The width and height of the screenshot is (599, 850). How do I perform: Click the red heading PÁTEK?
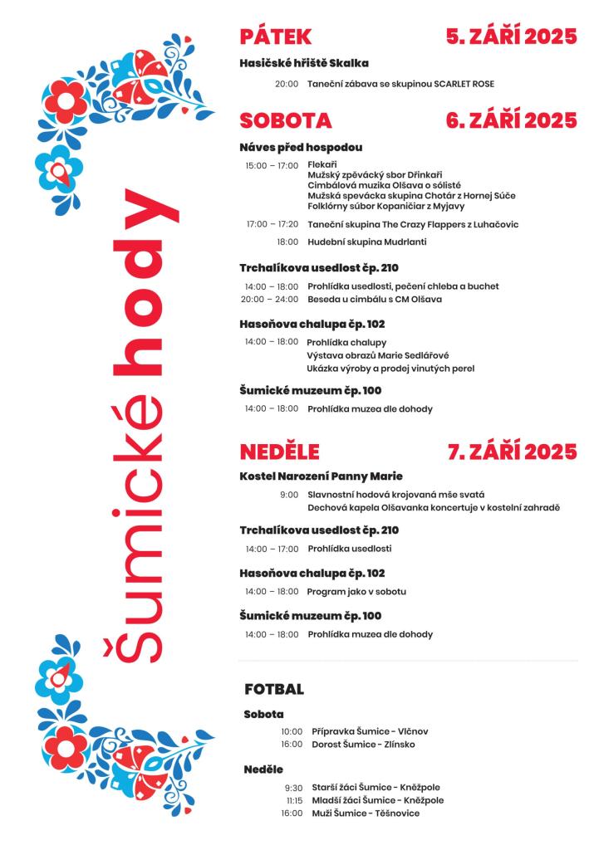(x=275, y=37)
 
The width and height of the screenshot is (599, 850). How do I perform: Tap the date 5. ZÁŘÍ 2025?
(x=511, y=37)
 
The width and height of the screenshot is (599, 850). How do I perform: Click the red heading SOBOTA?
(x=285, y=121)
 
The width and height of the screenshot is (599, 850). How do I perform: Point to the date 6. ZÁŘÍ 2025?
(x=511, y=121)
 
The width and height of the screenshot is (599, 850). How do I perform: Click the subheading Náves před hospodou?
(x=301, y=148)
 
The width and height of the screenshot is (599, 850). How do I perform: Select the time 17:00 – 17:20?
(x=272, y=225)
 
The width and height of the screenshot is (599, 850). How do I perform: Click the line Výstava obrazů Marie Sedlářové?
(x=371, y=355)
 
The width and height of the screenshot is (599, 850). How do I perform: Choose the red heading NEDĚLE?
(x=279, y=452)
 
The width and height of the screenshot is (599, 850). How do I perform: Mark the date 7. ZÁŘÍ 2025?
(x=512, y=452)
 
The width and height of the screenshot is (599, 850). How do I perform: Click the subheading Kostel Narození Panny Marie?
(x=321, y=476)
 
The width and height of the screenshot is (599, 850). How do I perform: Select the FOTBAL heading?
(x=274, y=690)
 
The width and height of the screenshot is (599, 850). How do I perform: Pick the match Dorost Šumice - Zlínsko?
(x=363, y=745)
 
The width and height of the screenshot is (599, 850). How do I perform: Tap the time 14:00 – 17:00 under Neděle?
(x=271, y=549)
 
